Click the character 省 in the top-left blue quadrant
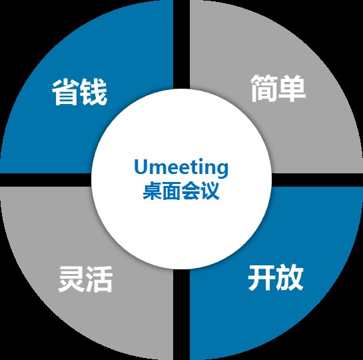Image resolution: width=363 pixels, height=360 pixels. coord(65,92)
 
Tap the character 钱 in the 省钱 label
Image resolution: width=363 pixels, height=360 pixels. coord(93,92)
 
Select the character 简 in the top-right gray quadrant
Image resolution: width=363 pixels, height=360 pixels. coord(264,88)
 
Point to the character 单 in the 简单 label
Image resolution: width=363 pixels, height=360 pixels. coord(292,88)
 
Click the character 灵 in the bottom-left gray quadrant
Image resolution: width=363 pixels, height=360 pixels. coord(71,279)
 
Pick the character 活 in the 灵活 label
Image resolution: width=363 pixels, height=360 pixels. coord(99,279)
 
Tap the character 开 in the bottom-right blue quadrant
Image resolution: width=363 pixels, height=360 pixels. coord(262,277)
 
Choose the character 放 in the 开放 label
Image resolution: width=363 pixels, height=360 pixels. coord(290,277)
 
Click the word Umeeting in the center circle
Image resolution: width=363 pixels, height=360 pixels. coord(181,168)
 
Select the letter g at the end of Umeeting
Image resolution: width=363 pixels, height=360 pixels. coord(222,170)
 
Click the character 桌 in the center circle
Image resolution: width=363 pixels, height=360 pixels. coord(153,191)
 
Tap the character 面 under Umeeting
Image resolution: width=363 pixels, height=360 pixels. coord(172,191)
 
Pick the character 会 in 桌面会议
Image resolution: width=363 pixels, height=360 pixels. coord(190,191)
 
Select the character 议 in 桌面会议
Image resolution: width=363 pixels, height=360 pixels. coord(210,191)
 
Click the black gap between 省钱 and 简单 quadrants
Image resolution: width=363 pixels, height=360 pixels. coord(181,44)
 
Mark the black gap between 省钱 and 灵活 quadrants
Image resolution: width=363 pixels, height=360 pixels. coord(46,180)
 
